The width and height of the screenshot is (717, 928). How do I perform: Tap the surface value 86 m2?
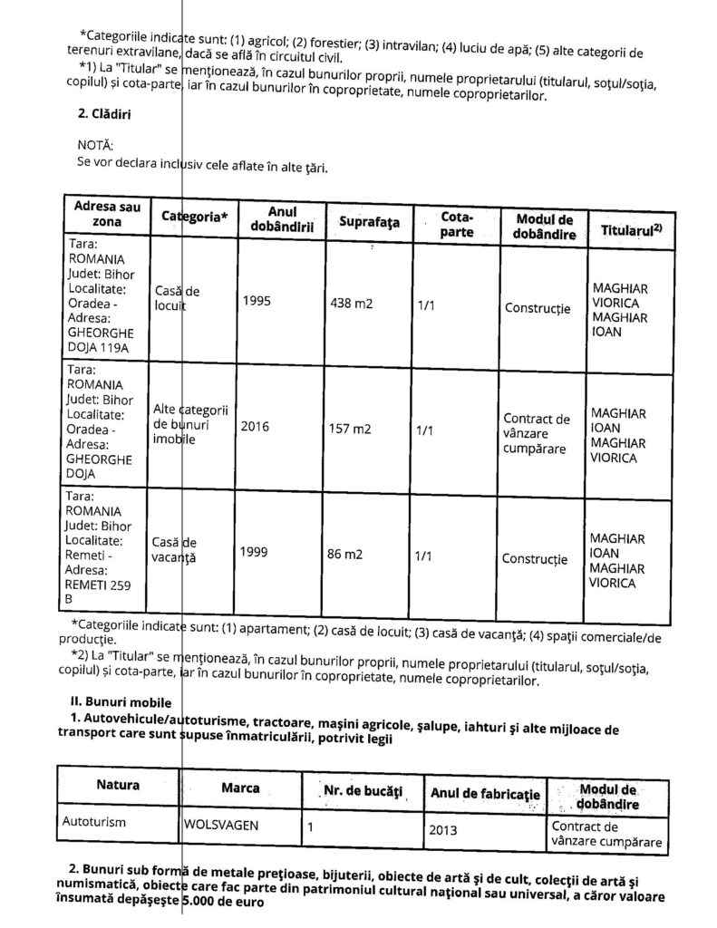[x=346, y=552]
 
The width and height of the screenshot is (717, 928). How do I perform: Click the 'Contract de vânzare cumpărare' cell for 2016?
[x=537, y=433]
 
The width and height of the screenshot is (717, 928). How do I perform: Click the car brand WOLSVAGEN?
[x=220, y=826]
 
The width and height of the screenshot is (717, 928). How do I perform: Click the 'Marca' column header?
[x=240, y=786]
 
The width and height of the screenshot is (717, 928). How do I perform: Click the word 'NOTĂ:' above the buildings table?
[x=97, y=145]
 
